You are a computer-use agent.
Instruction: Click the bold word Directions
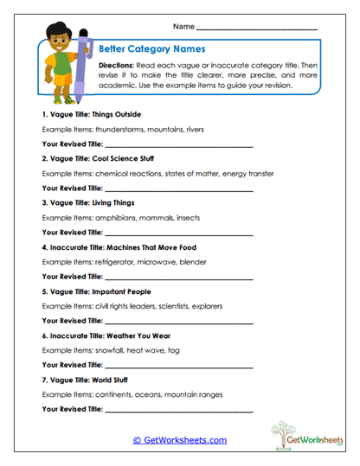115,65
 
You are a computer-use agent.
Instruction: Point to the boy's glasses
58,41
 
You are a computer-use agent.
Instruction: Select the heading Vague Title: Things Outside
91,114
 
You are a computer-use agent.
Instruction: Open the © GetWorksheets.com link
179,440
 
